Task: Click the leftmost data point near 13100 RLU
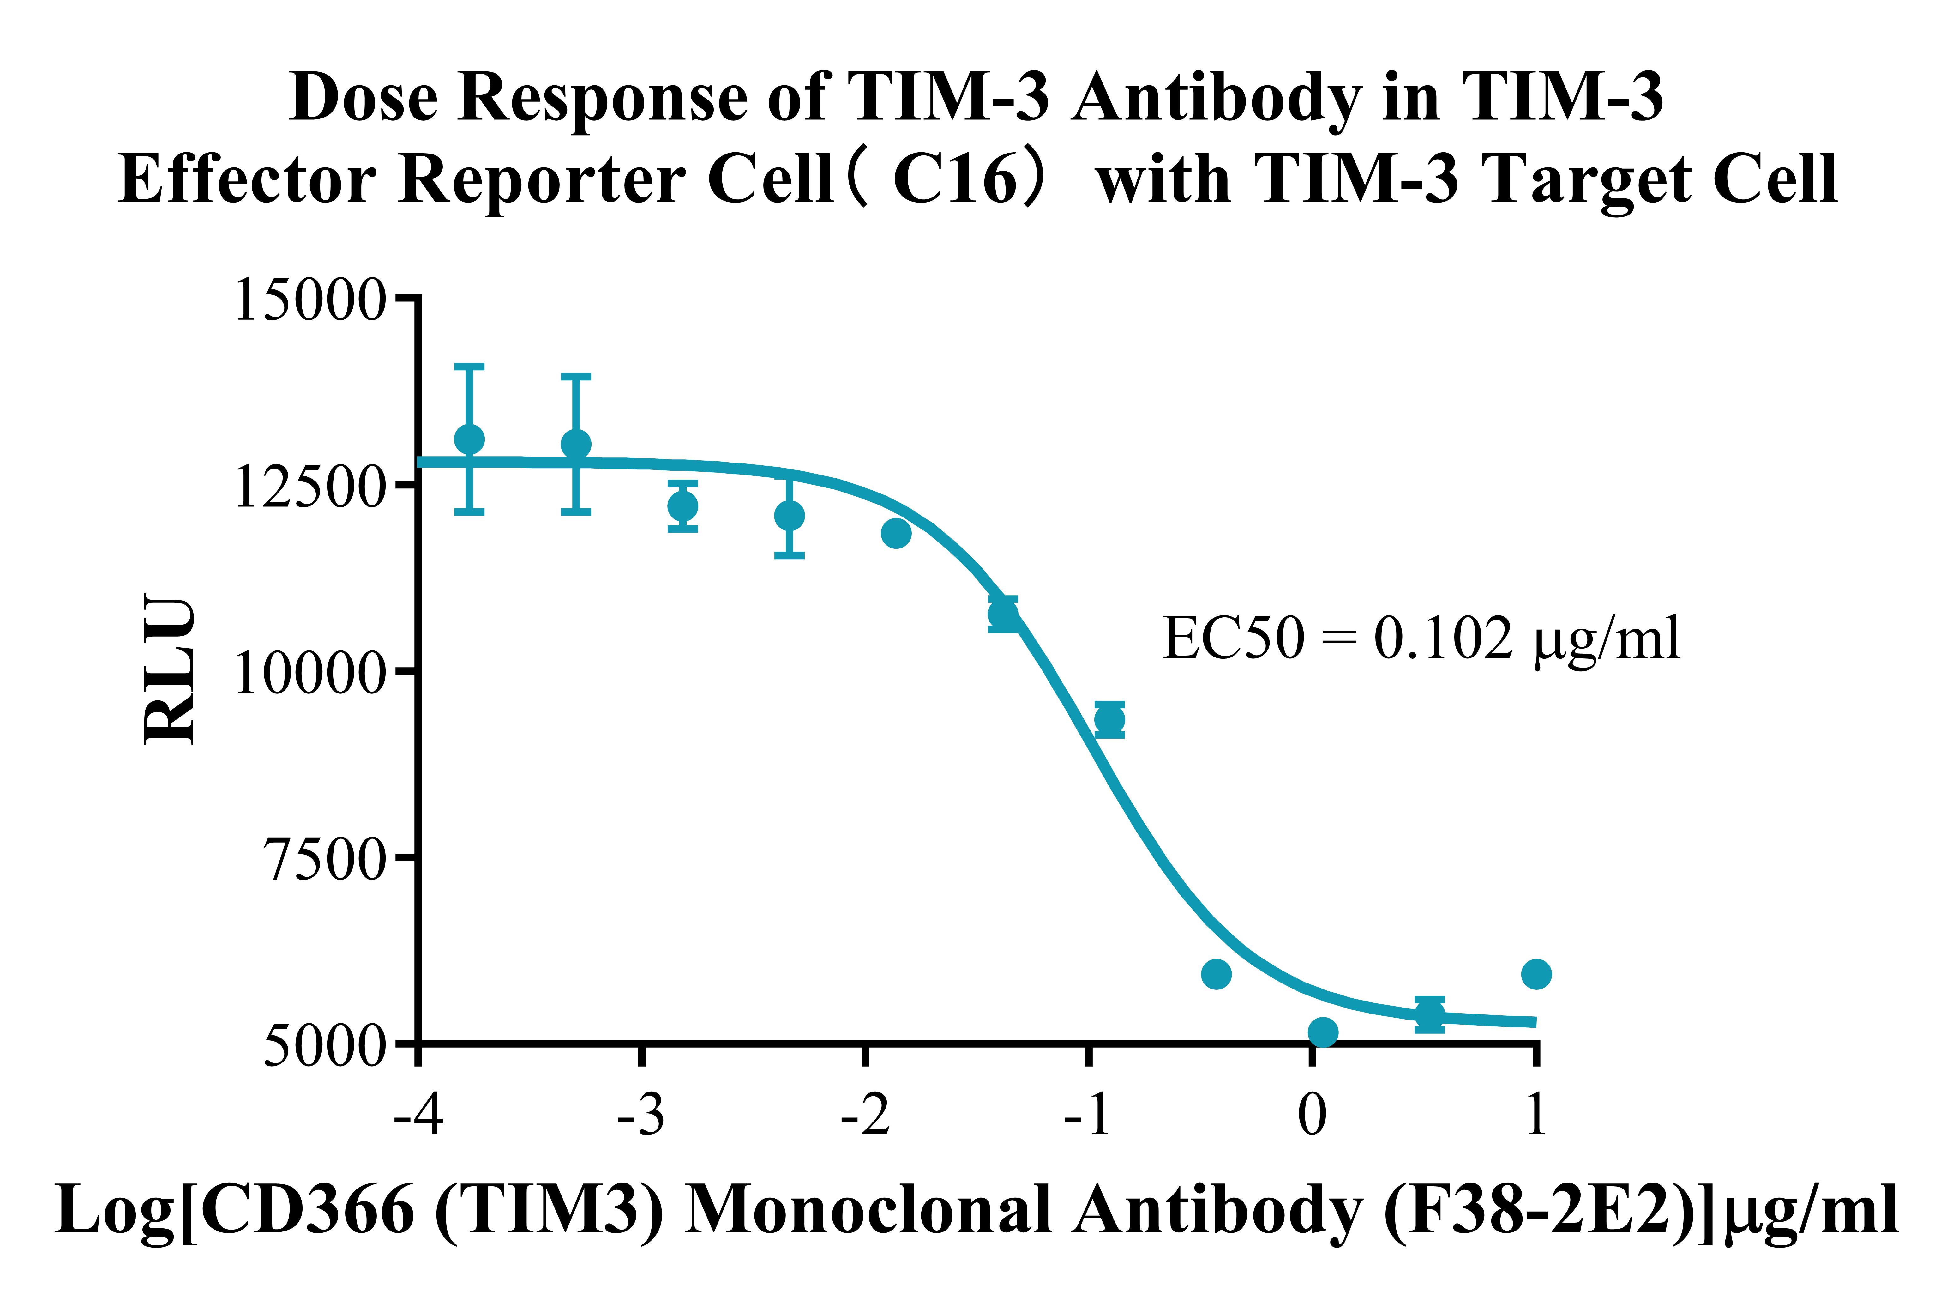pos(469,439)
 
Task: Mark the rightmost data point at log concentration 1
pos(1536,974)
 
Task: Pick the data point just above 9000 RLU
pos(1109,719)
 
